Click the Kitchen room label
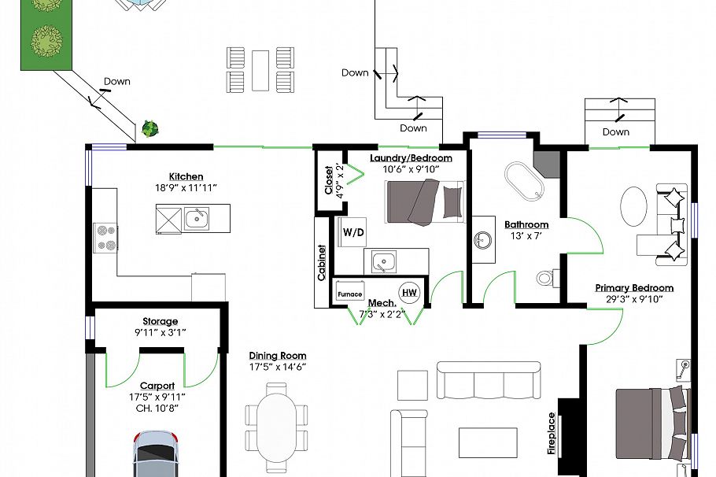click(x=186, y=176)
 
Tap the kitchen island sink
click(x=197, y=218)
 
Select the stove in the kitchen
click(x=105, y=237)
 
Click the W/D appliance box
click(x=352, y=232)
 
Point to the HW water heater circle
click(x=409, y=293)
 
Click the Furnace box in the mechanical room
click(x=350, y=294)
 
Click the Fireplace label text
click(x=552, y=434)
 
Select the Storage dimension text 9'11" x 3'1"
click(x=160, y=332)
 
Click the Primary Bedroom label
click(x=634, y=288)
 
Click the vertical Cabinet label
click(x=322, y=263)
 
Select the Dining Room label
click(x=277, y=356)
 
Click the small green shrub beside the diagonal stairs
click(x=149, y=128)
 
